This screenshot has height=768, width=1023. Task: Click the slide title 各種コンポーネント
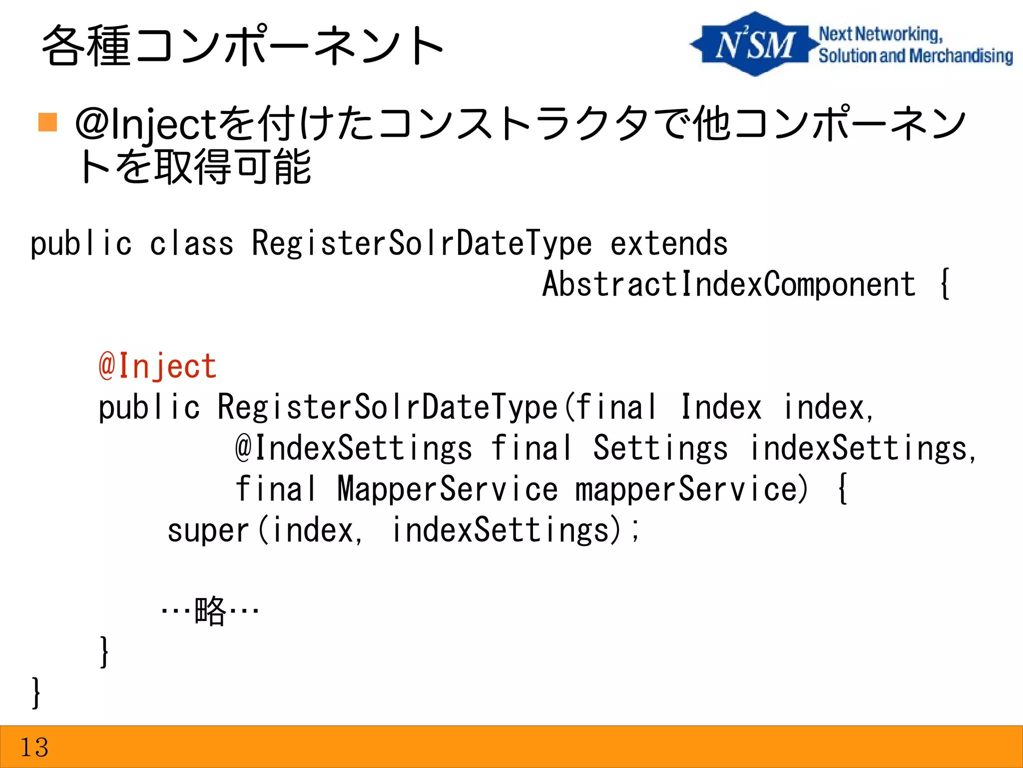[242, 46]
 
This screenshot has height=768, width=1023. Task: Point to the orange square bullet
[47, 122]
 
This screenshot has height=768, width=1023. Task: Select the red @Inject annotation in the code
[157, 366]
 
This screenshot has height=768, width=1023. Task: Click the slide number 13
[34, 747]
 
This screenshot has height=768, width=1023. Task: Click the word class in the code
[191, 243]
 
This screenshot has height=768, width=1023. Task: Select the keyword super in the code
[207, 530]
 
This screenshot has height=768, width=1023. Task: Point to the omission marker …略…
[210, 610]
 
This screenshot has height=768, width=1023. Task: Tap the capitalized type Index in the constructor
[721, 407]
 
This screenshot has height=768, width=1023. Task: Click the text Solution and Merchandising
[915, 55]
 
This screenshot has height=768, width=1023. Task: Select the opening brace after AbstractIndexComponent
[944, 284]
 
